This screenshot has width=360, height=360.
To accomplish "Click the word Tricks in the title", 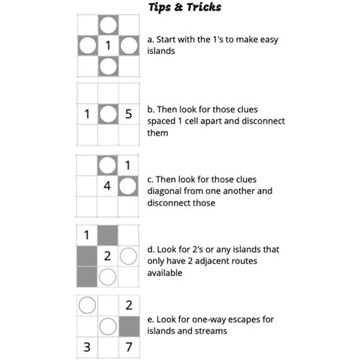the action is (204, 7).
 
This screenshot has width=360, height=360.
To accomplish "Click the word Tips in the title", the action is (160, 7).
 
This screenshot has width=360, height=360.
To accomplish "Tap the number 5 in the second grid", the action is (128, 114).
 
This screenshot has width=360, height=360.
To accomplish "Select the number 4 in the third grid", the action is (107, 186).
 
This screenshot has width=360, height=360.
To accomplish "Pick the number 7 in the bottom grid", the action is (129, 347).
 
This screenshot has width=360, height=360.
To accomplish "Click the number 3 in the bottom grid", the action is (87, 347).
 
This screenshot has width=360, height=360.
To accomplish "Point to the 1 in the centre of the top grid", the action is (108, 46).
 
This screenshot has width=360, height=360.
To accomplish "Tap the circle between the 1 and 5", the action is (108, 114).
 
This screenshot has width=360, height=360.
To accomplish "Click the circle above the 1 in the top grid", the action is (108, 25).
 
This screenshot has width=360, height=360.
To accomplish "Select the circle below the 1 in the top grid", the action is (108, 67).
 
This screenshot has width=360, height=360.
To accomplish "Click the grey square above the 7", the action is (129, 326).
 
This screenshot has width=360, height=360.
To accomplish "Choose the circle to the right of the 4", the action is (127, 186).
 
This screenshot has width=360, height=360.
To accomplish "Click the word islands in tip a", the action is (161, 51).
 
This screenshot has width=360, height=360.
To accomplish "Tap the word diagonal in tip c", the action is (164, 191).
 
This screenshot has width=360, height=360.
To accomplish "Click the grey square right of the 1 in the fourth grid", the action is (107, 235).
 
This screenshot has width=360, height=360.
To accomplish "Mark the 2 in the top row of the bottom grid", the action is (129, 305).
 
